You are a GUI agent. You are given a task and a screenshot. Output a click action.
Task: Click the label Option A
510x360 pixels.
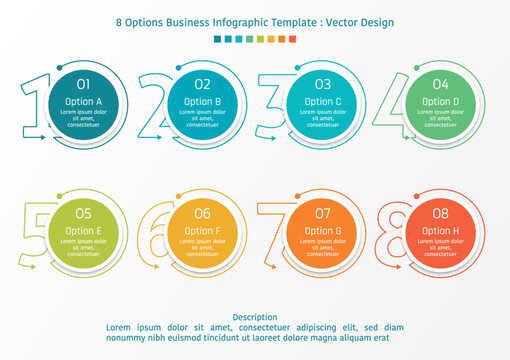[x=83, y=101]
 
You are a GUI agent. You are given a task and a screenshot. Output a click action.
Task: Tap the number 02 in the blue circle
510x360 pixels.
[x=203, y=85]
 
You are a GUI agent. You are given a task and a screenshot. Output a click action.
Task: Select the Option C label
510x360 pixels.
[x=323, y=101]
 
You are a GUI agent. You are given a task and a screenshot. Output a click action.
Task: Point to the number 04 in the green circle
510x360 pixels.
[x=441, y=85]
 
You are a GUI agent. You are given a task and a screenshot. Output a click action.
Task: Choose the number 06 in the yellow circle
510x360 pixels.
[x=203, y=214]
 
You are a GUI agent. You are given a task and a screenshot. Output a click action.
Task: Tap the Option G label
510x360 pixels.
[x=323, y=231]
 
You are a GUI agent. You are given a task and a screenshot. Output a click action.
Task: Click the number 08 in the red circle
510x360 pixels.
[x=441, y=214]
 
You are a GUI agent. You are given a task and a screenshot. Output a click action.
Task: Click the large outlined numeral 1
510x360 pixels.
[x=32, y=105]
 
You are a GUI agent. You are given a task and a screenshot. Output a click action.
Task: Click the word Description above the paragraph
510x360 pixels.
[x=254, y=317]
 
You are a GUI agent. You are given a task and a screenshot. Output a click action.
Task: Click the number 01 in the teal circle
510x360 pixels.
[x=83, y=85]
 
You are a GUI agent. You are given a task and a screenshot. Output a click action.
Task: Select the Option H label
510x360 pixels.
[x=441, y=231]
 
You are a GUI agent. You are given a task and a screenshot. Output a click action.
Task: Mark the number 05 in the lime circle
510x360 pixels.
[x=83, y=214]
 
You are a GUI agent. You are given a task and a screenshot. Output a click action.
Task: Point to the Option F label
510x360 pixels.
[x=203, y=231]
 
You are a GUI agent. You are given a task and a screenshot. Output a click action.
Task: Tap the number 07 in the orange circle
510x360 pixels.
[x=323, y=214]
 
